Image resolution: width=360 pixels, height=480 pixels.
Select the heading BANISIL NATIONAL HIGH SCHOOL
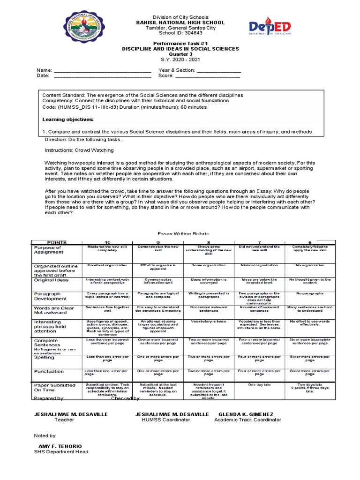pos(180,22)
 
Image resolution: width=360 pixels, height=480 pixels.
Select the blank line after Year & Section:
pos(219,70)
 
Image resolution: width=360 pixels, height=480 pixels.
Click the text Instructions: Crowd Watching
pos(79,150)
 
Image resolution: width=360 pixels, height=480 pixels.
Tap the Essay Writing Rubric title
pos(180,233)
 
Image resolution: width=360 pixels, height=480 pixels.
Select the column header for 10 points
pos(107,242)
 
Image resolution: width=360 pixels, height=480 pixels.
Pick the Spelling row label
pos(44,357)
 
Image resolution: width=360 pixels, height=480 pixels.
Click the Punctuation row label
pos(48,371)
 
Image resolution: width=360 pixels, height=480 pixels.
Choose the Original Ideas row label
pos(51,280)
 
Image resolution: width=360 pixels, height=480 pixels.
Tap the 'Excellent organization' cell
pos(107,265)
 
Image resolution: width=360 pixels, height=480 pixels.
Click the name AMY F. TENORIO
pos(60,446)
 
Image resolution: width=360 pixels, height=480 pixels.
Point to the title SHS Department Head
pos(61,452)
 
